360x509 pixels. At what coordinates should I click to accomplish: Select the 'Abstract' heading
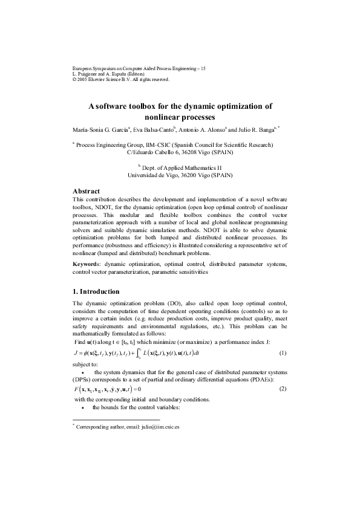coord(88,190)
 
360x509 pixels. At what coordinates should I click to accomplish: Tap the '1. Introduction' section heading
coord(99,291)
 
